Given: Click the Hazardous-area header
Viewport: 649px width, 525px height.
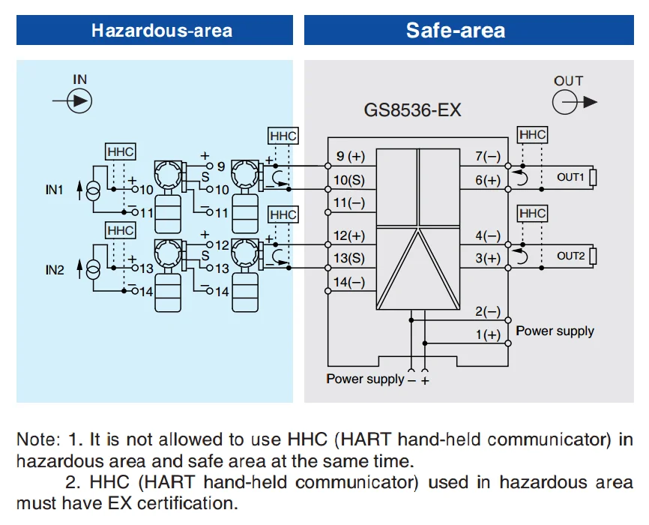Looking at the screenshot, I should pos(161,31).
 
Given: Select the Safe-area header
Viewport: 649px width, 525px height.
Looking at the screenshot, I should pos(455,31).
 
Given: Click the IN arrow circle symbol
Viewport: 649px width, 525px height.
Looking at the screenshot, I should pos(79,100).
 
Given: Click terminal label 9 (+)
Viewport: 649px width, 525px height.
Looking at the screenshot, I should pos(349,157).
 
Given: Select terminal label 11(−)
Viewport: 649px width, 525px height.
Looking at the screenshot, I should pos(349,202).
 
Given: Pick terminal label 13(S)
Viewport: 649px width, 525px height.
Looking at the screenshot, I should pos(349,259).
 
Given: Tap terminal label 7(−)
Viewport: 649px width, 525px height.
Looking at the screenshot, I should pos(488,157).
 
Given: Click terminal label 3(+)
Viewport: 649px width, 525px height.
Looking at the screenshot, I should pos(488,259).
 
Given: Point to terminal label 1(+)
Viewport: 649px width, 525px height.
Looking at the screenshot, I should pos(488,335).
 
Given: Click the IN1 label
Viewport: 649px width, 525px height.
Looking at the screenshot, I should pos(55,190).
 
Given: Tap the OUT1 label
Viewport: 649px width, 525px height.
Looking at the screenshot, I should pos(570,177).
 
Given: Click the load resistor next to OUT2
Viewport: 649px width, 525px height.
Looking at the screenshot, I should pos(593,256).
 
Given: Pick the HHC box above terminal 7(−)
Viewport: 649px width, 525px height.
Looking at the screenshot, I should pos(532,135).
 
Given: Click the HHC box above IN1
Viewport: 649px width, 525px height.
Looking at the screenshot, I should pos(120,151).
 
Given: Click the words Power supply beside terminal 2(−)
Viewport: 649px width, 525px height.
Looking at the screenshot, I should pos(555,331).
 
